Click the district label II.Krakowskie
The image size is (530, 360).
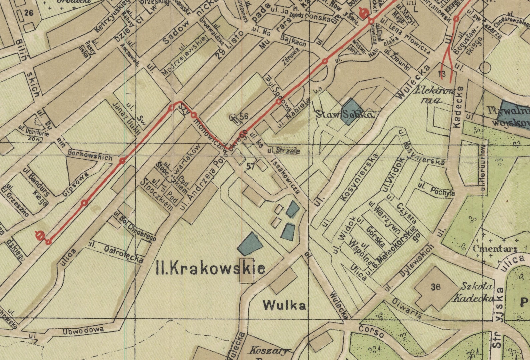pyautogui.click(x=211, y=268)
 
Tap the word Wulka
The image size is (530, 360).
pyautogui.click(x=284, y=305)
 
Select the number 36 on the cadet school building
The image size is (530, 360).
pyautogui.click(x=435, y=287)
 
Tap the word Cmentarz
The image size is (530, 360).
pyautogui.click(x=495, y=249)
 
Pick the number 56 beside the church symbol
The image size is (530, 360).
pyautogui.click(x=244, y=116)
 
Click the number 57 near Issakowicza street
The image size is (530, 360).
pyautogui.click(x=250, y=166)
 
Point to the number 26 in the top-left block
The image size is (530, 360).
pyautogui.click(x=29, y=13)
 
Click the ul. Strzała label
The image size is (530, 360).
pyautogui.click(x=283, y=151)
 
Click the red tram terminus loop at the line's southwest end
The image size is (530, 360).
pyautogui.click(x=40, y=235)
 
